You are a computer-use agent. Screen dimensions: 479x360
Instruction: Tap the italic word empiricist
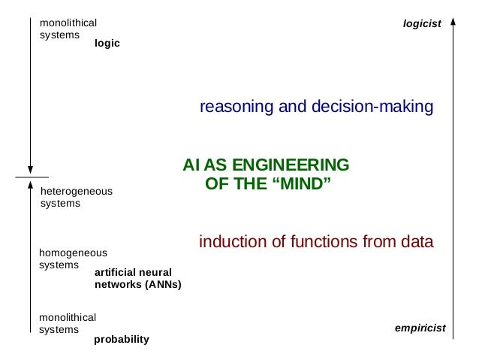point(420,328)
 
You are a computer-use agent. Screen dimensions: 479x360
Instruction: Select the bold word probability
point(122,339)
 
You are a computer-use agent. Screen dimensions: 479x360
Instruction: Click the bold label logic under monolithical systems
point(107,44)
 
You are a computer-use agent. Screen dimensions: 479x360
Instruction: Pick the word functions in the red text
point(325,242)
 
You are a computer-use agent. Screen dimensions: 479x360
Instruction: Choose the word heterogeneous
point(76,191)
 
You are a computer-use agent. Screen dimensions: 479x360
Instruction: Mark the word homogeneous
point(73,253)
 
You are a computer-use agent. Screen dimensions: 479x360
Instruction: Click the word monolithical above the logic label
point(68,23)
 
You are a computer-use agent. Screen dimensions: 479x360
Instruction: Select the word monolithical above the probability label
point(68,317)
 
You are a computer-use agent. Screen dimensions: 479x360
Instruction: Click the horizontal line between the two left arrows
point(31,177)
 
